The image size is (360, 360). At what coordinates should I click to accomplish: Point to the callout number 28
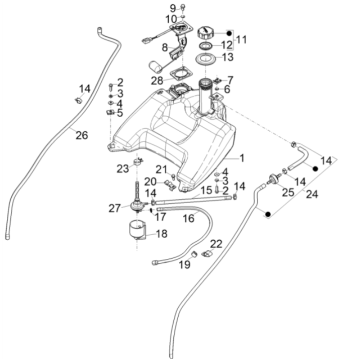(157, 80)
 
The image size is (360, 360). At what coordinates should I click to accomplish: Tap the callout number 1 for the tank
(239, 158)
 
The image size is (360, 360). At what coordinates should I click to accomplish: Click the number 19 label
(185, 265)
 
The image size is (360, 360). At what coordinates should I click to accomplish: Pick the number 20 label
(149, 181)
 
